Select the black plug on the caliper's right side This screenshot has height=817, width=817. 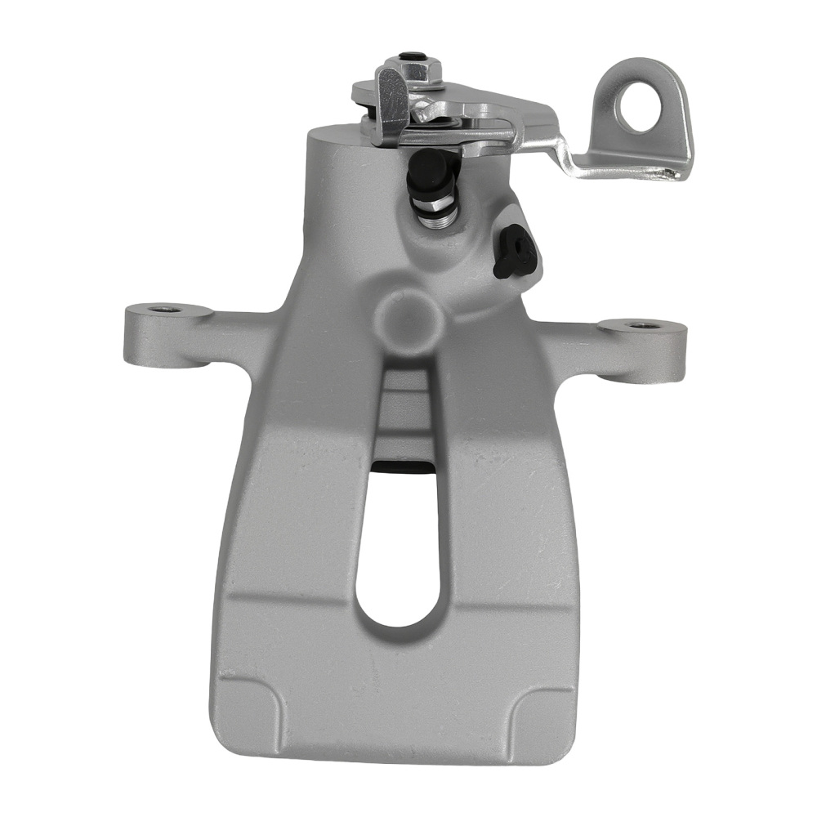click(x=514, y=252)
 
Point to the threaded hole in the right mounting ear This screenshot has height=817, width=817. click(x=644, y=325)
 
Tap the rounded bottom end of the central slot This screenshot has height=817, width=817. click(x=400, y=621)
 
